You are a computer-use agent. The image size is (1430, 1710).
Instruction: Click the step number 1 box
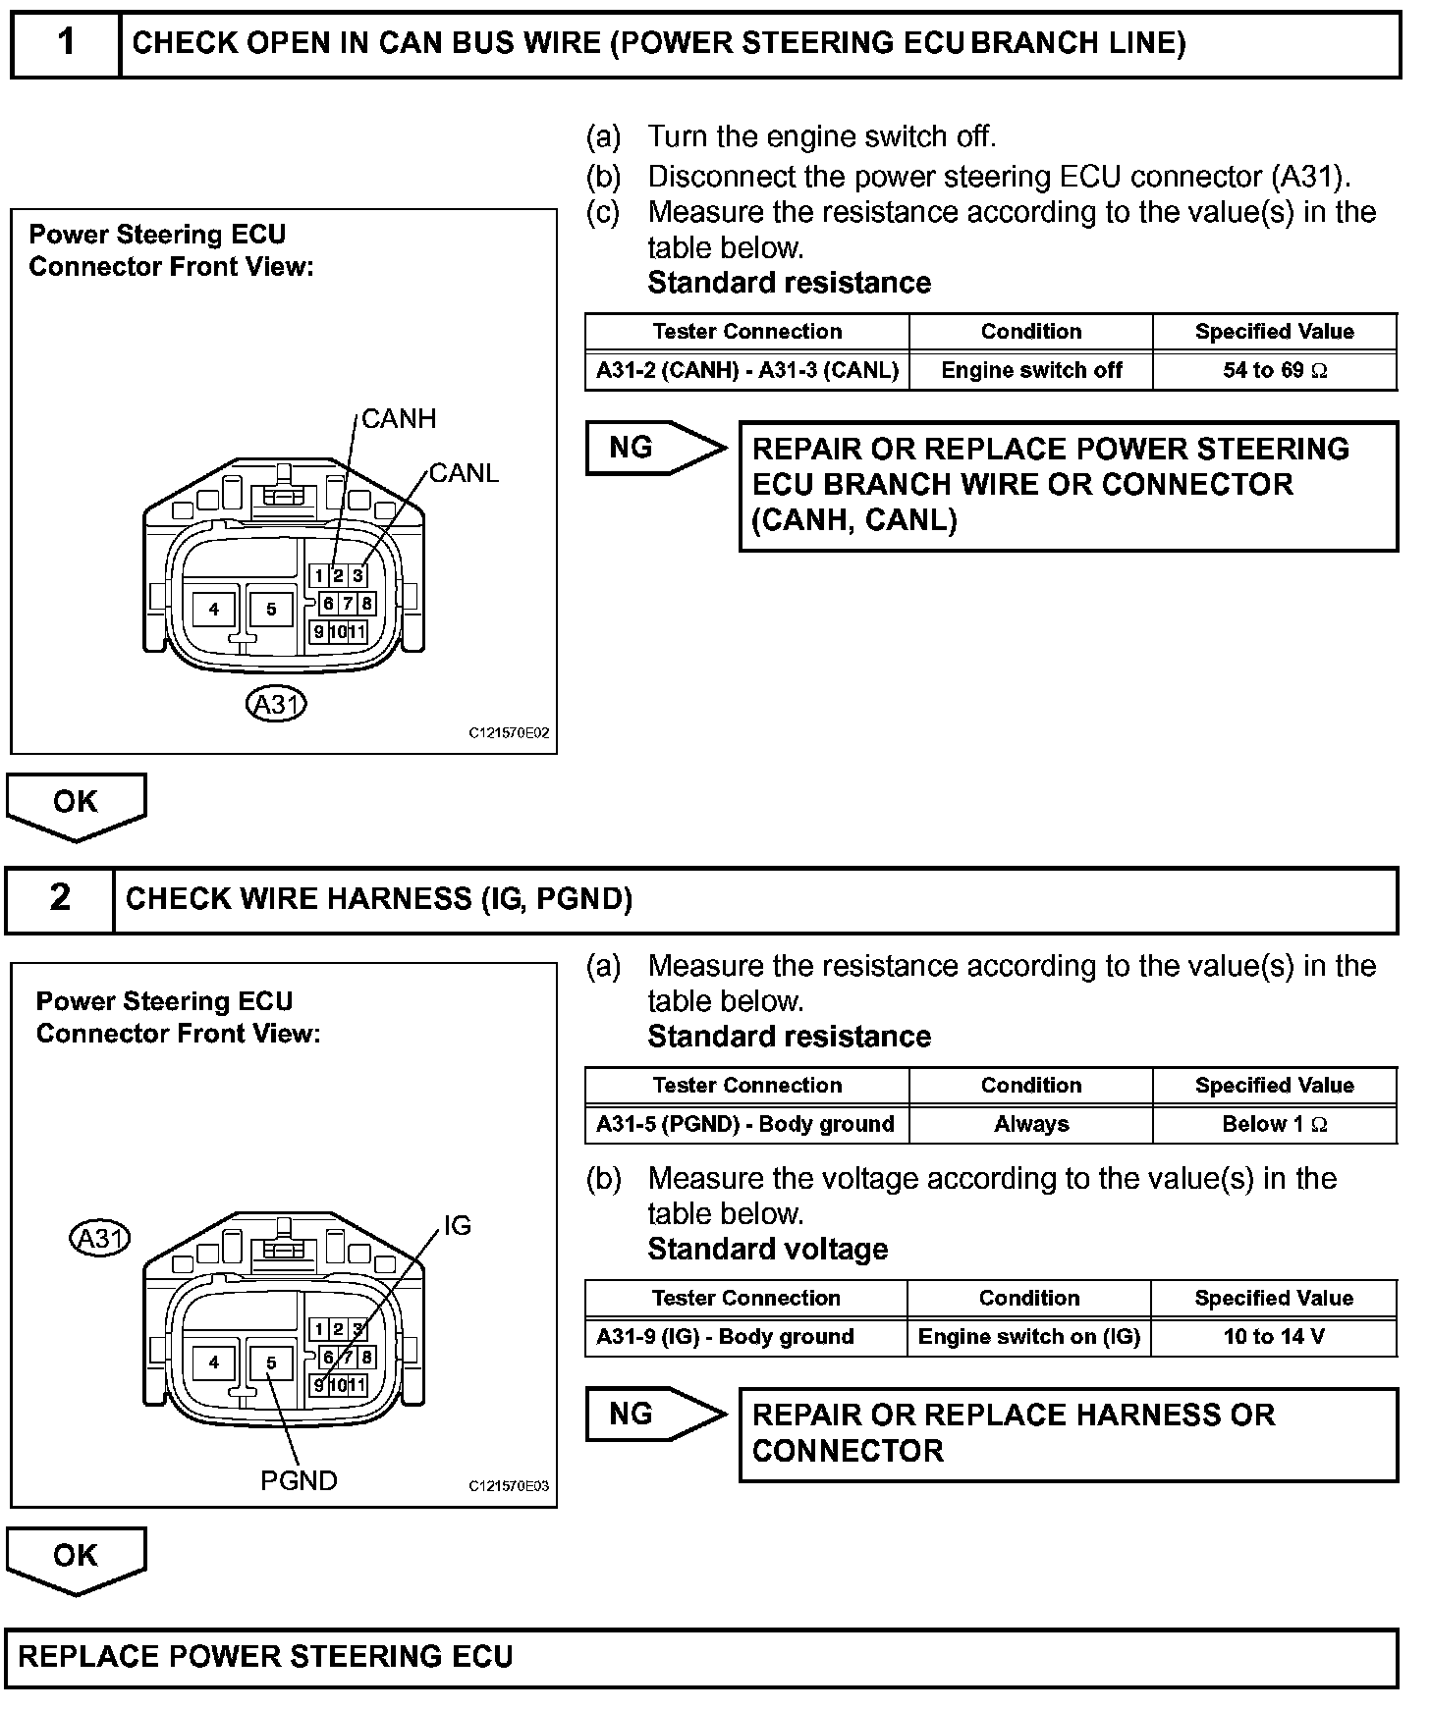[x=66, y=43]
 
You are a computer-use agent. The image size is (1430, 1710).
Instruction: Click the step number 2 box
[x=60, y=898]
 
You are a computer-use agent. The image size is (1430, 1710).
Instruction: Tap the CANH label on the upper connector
[x=399, y=419]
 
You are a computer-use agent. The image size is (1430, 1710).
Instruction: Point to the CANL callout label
[x=465, y=473]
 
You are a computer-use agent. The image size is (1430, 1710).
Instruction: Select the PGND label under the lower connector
[x=299, y=1480]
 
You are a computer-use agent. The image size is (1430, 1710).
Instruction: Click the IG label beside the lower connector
[x=458, y=1225]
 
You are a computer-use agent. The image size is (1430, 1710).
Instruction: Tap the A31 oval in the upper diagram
[x=276, y=704]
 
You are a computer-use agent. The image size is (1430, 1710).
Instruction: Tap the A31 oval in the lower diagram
[x=100, y=1238]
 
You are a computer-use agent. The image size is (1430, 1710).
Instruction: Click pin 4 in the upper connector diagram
[x=214, y=610]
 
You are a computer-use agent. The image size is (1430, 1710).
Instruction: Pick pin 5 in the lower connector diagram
[x=272, y=1363]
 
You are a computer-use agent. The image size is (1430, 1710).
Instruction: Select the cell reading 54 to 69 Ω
[x=1275, y=371]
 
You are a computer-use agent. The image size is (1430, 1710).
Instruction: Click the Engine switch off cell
[x=1031, y=371]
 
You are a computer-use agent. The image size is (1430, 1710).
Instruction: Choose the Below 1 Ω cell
[x=1275, y=1125]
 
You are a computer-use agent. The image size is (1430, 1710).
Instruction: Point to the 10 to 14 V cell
[x=1274, y=1337]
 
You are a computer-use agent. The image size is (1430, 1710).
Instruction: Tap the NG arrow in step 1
[x=653, y=448]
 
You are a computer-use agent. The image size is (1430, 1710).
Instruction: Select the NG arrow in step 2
[x=653, y=1415]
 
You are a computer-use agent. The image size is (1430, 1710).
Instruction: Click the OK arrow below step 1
[x=76, y=804]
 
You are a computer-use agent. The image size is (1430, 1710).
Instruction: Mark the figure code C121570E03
[x=509, y=1486]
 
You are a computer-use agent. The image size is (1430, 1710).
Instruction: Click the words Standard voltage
[x=768, y=1250]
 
